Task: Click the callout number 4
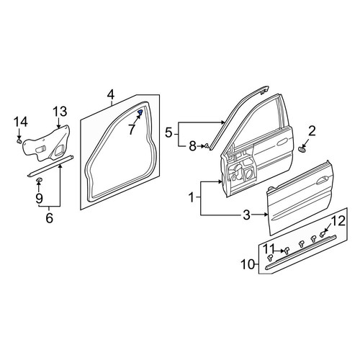(x=111, y=95)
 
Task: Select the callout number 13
(x=60, y=112)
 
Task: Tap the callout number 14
(x=21, y=122)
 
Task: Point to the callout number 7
(x=132, y=130)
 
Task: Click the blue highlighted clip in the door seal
(x=140, y=112)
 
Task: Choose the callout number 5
(x=169, y=132)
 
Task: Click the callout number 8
(x=192, y=146)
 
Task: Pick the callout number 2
(x=312, y=131)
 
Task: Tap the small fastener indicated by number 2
(x=301, y=150)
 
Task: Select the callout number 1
(x=192, y=198)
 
